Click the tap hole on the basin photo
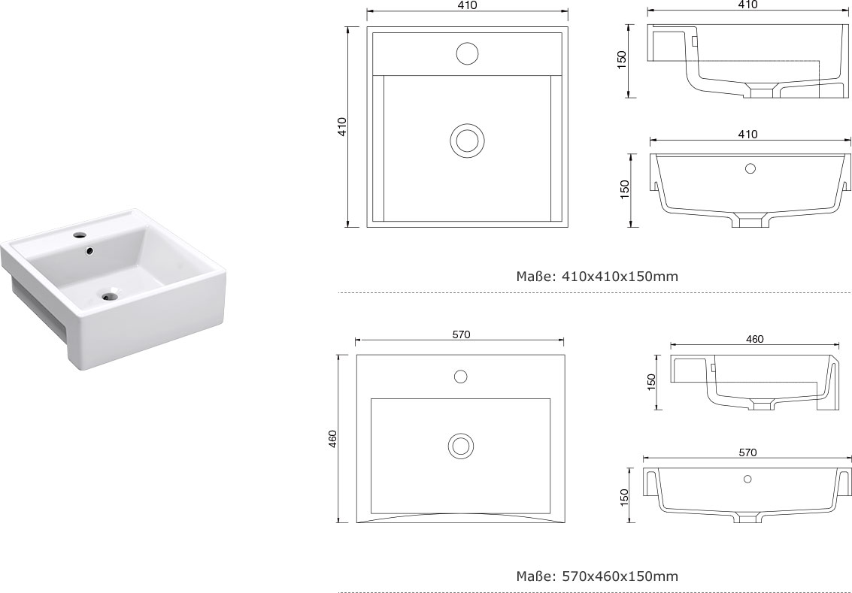click(80, 236)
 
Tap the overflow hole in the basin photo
click(89, 251)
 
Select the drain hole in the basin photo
click(109, 296)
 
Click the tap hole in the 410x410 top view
click(467, 54)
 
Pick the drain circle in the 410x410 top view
click(467, 140)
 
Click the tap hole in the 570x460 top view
click(461, 377)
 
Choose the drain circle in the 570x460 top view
click(461, 446)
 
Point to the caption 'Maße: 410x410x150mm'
click(597, 277)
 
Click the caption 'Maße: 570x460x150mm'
click(597, 576)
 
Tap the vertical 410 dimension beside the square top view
click(342, 126)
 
